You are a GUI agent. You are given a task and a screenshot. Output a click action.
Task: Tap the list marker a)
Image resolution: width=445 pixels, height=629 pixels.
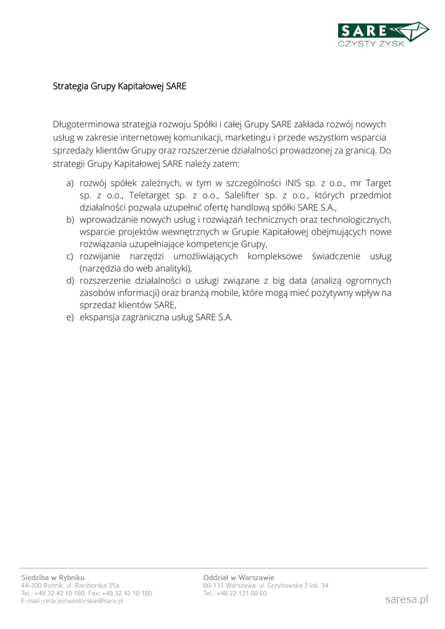click(69, 183)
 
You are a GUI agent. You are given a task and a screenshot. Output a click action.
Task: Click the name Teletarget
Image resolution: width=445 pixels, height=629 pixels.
click(150, 195)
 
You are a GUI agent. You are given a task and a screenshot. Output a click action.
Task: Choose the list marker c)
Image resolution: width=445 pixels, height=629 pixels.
click(69, 256)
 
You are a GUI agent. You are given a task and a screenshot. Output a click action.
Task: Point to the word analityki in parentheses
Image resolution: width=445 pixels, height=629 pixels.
click(172, 268)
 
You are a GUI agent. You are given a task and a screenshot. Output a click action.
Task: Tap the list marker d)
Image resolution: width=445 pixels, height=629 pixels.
click(69, 281)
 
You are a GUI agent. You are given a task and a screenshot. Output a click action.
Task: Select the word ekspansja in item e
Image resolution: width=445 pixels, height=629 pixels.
click(100, 318)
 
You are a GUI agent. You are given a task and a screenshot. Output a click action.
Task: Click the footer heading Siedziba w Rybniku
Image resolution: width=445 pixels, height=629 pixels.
click(53, 577)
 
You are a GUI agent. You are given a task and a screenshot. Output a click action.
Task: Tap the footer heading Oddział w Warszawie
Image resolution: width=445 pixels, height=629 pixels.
click(239, 577)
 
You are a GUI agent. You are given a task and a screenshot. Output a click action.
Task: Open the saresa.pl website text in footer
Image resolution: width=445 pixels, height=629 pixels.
click(406, 599)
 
